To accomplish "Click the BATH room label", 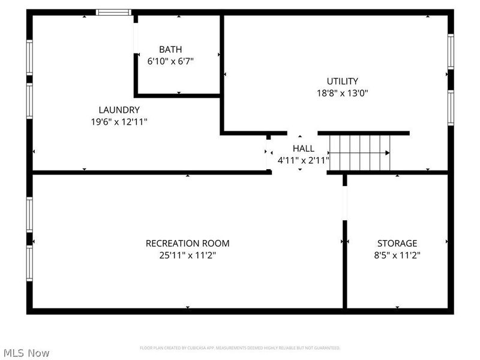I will [170, 49].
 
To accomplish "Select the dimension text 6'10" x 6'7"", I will [170, 61].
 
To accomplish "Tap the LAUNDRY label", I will [119, 110].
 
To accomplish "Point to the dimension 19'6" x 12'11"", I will [119, 121].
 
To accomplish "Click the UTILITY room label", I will [342, 81].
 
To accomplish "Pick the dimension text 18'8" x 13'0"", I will [342, 93].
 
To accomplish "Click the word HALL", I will [303, 148].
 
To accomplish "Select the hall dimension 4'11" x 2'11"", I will [303, 160].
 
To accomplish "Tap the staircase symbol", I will [360, 152].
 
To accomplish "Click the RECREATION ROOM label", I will [187, 243].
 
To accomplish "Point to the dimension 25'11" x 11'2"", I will [187, 255].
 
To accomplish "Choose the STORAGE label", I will [397, 243].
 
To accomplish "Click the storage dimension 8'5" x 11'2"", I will [397, 255].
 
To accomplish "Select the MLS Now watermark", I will [26, 353].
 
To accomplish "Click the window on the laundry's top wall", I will [114, 12].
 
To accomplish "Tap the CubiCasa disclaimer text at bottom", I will [240, 348].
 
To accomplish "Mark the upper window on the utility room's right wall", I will [450, 52].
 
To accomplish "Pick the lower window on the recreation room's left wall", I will [29, 264].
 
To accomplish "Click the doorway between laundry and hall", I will [269, 154].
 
